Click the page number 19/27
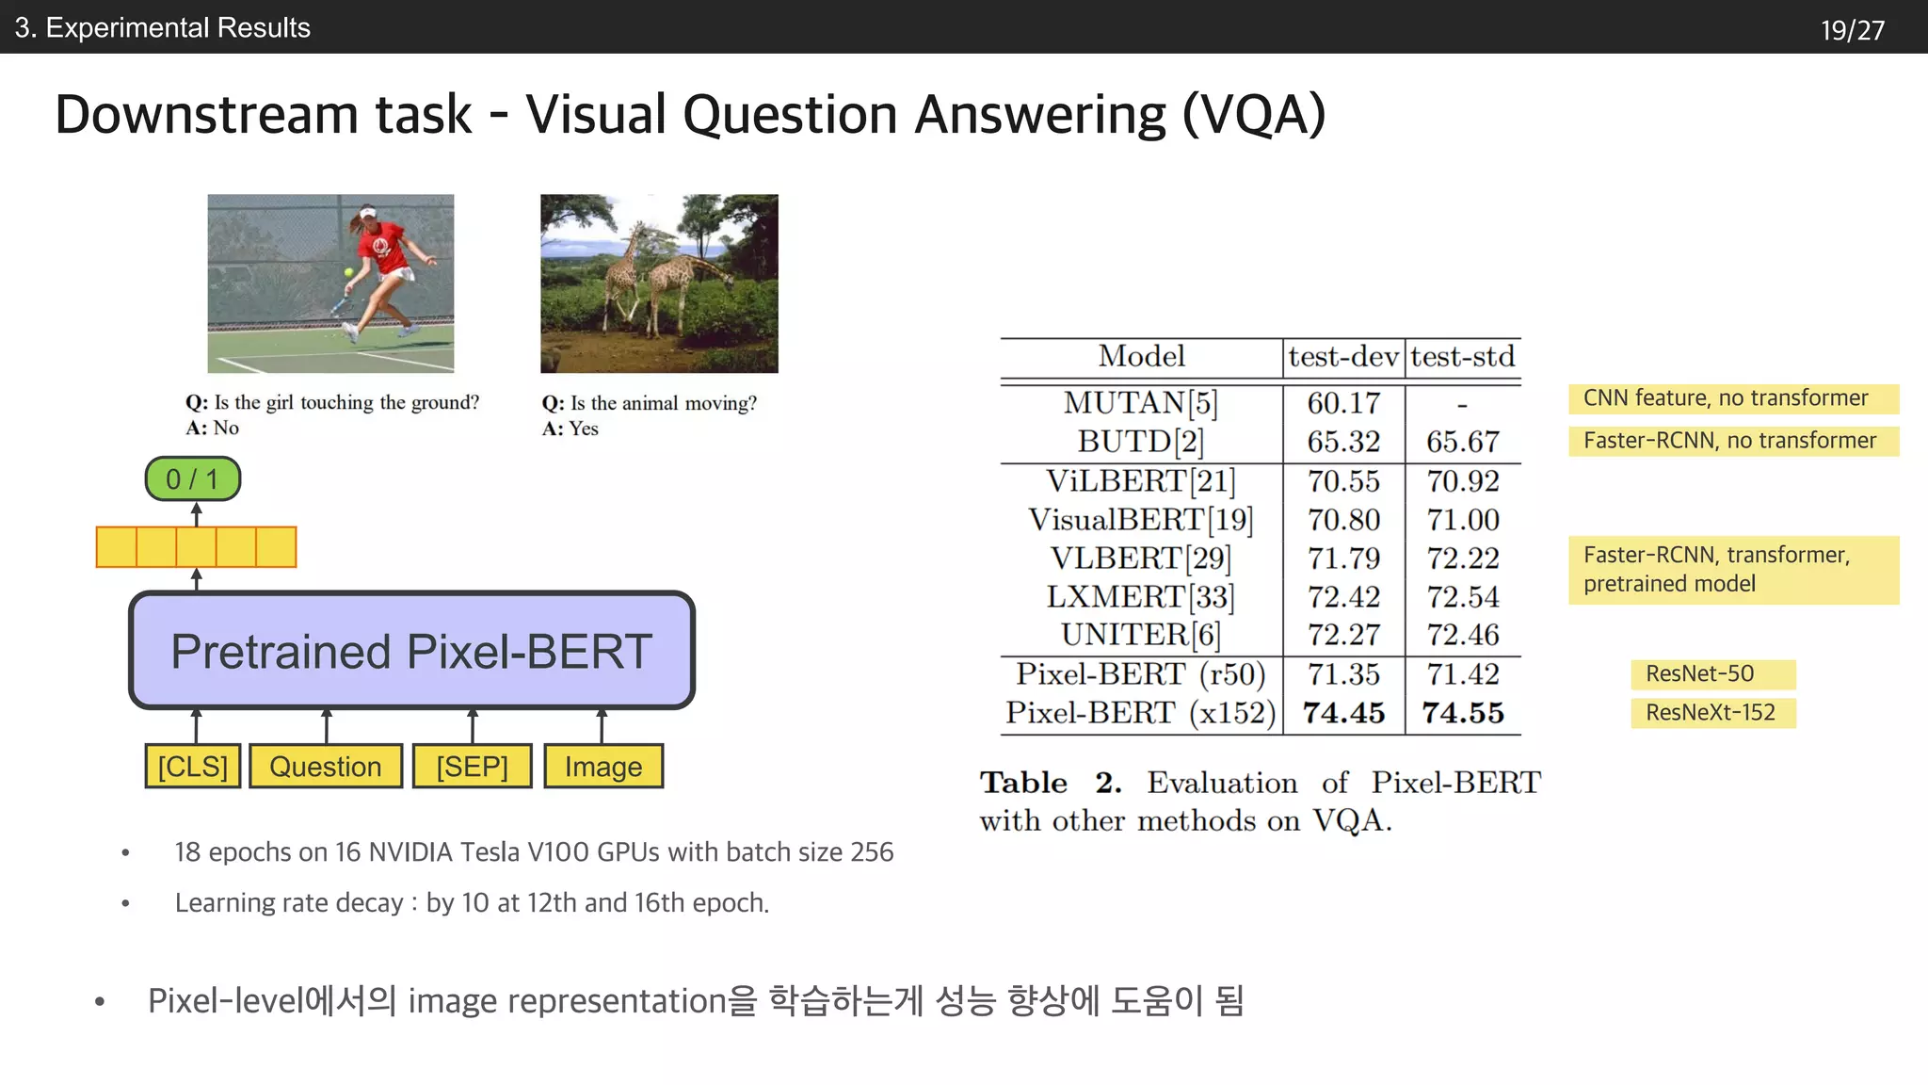1852,30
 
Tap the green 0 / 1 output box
192,479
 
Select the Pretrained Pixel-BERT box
411,651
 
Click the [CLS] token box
193,766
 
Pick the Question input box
326,766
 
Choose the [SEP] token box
472,766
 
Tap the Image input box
603,766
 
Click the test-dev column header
1343,357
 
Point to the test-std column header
1463,357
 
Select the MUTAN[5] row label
1141,403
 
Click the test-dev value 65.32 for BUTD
1343,442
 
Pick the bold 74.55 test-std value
1463,713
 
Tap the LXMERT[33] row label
1141,597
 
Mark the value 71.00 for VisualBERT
1463,520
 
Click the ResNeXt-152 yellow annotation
1712,713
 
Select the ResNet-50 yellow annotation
1712,674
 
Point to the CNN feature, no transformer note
1732,398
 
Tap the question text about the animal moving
650,403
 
